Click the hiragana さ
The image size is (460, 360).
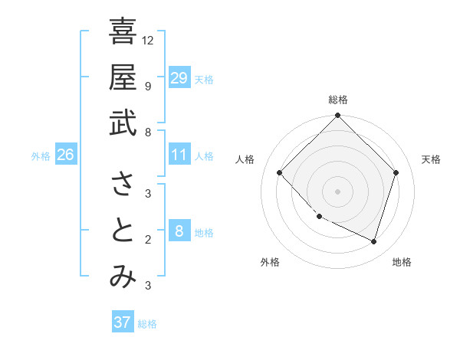point(123,185)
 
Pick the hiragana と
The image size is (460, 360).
point(123,231)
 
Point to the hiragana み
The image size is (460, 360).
point(123,277)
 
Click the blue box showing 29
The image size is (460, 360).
point(179,78)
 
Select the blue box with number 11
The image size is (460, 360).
point(179,155)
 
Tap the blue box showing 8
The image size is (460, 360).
point(179,232)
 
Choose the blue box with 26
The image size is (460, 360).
point(65,155)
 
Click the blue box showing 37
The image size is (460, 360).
point(123,322)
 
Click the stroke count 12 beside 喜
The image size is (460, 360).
point(148,40)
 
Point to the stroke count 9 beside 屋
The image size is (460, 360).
point(148,86)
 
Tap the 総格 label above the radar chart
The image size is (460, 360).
point(338,100)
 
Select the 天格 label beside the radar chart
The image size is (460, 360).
point(431,159)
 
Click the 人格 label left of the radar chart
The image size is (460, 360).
point(245,159)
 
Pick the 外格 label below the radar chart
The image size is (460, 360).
point(270,262)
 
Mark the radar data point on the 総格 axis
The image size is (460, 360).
point(338,116)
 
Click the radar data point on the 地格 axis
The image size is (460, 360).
point(374,241)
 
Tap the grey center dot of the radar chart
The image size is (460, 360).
point(338,191)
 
